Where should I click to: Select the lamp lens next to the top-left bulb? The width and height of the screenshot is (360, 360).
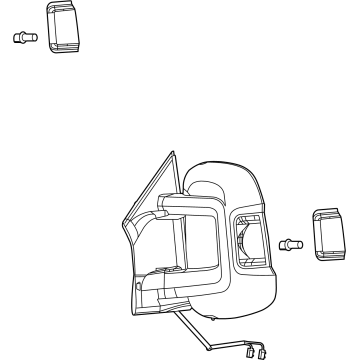64,27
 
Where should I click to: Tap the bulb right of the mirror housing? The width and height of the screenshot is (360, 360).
291,243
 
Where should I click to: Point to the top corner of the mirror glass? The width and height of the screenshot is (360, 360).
168,152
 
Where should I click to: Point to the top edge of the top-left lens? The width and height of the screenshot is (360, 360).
64,5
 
